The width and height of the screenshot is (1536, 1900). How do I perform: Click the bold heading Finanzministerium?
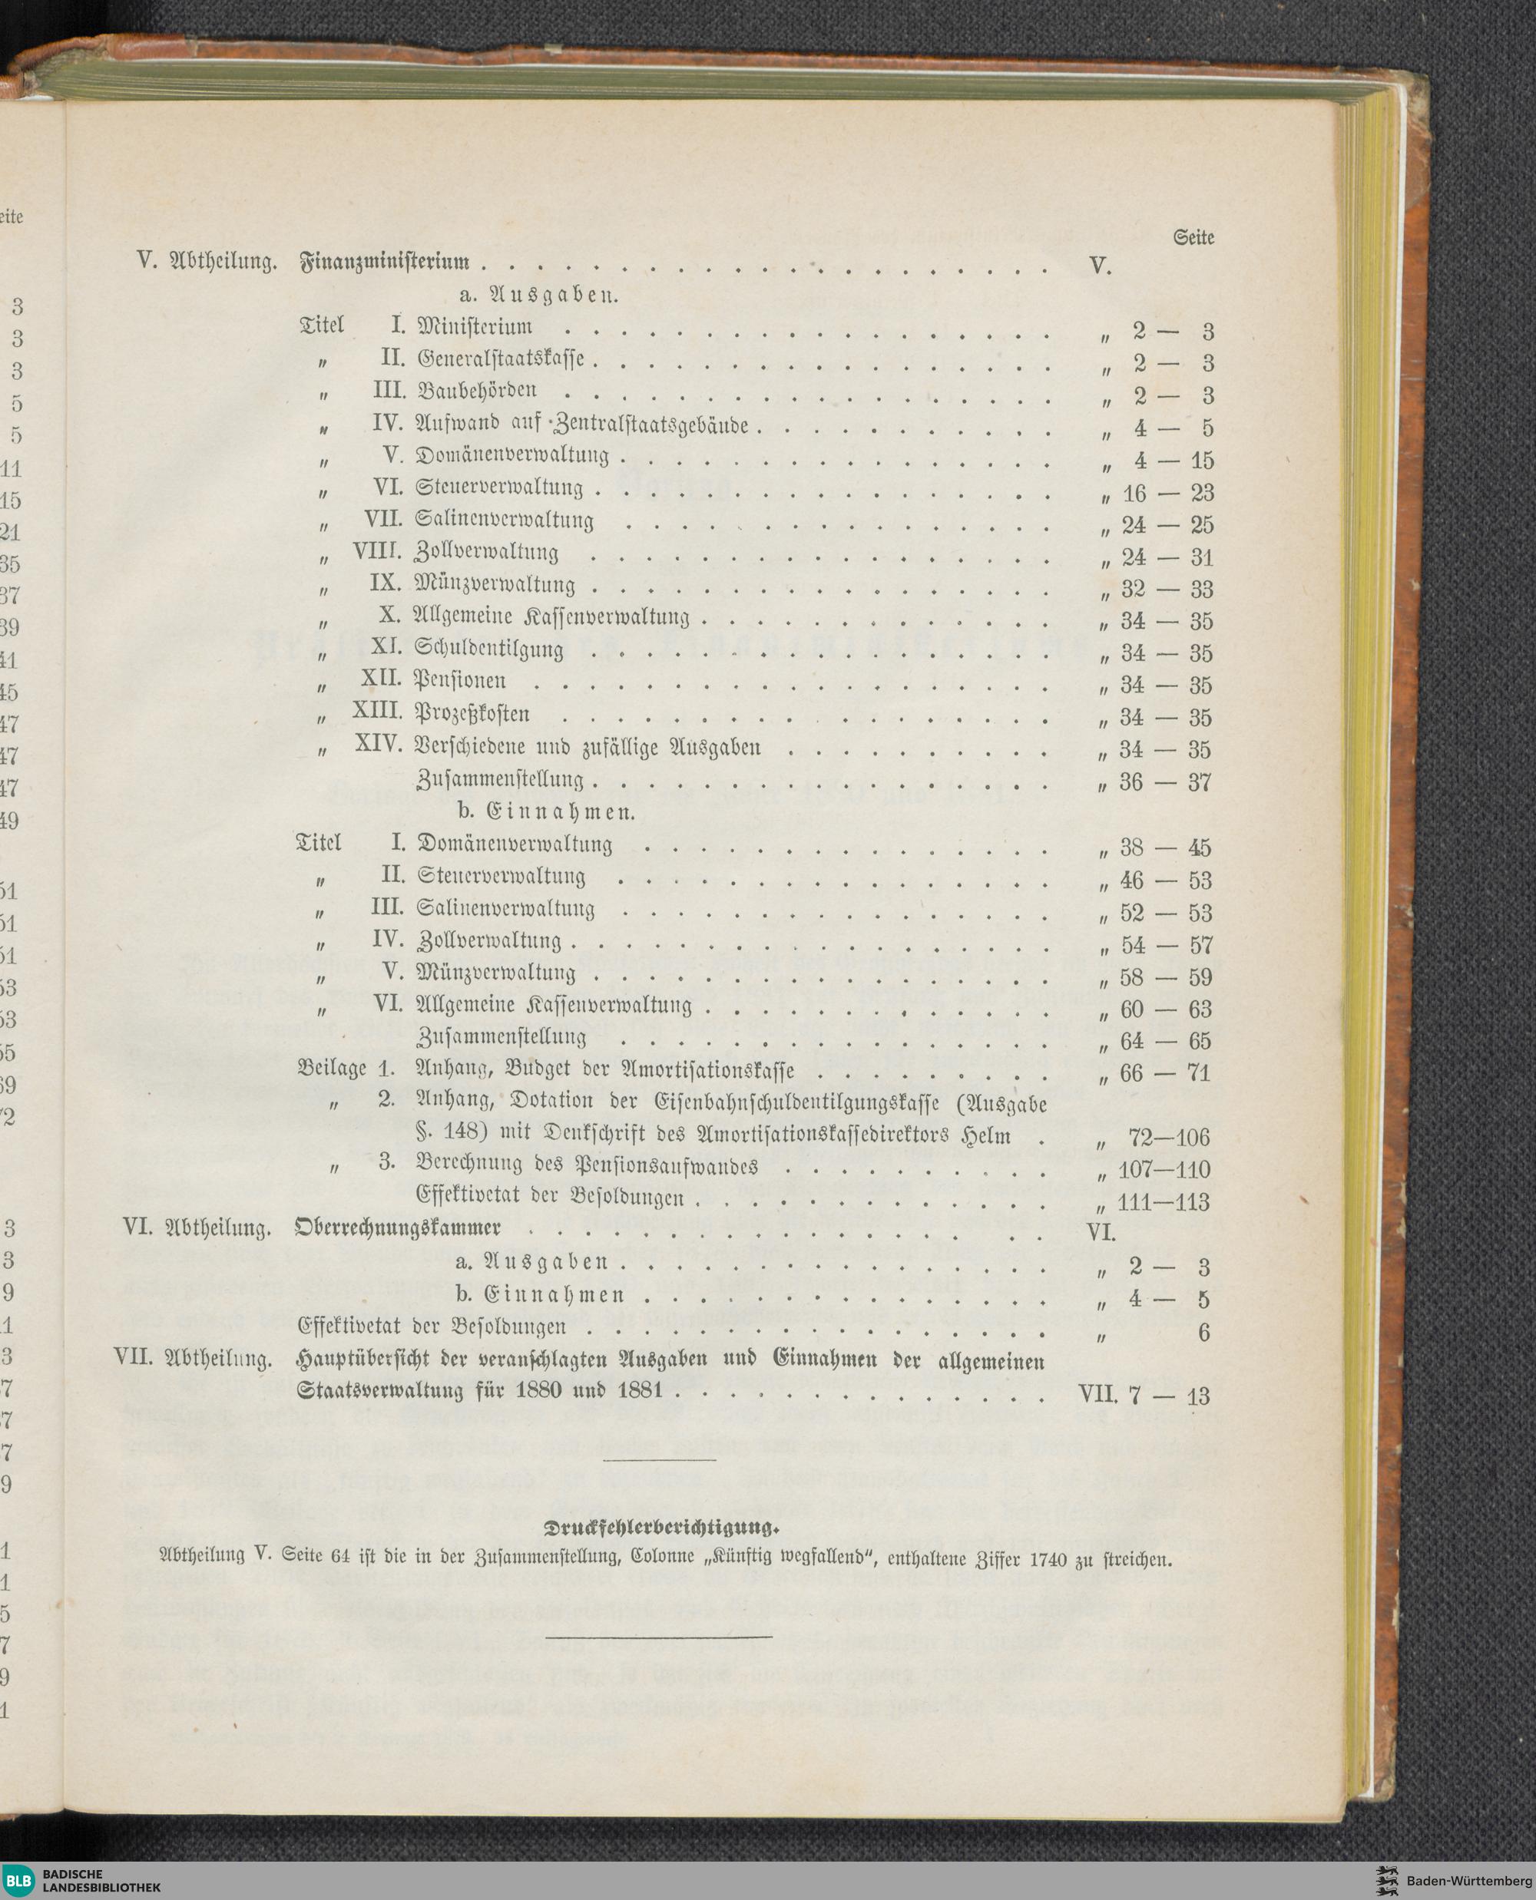pos(385,263)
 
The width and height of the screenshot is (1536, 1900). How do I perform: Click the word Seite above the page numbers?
pos(1193,237)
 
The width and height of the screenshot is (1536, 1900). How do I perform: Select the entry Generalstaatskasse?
pos(501,360)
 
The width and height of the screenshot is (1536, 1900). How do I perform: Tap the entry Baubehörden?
pos(477,391)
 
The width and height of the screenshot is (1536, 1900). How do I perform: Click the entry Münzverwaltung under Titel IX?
pos(495,585)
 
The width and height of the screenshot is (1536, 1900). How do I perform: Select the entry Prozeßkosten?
pos(472,713)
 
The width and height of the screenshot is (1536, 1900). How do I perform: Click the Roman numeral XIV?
pos(379,744)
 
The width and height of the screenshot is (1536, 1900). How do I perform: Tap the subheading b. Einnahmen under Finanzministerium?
pos(547,811)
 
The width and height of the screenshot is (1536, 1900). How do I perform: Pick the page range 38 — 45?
pos(1165,848)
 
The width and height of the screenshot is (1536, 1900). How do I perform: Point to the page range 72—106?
pos(1168,1138)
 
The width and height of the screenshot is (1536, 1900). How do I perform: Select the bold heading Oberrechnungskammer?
pos(398,1228)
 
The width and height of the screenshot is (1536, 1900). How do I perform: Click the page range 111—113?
pos(1164,1202)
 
